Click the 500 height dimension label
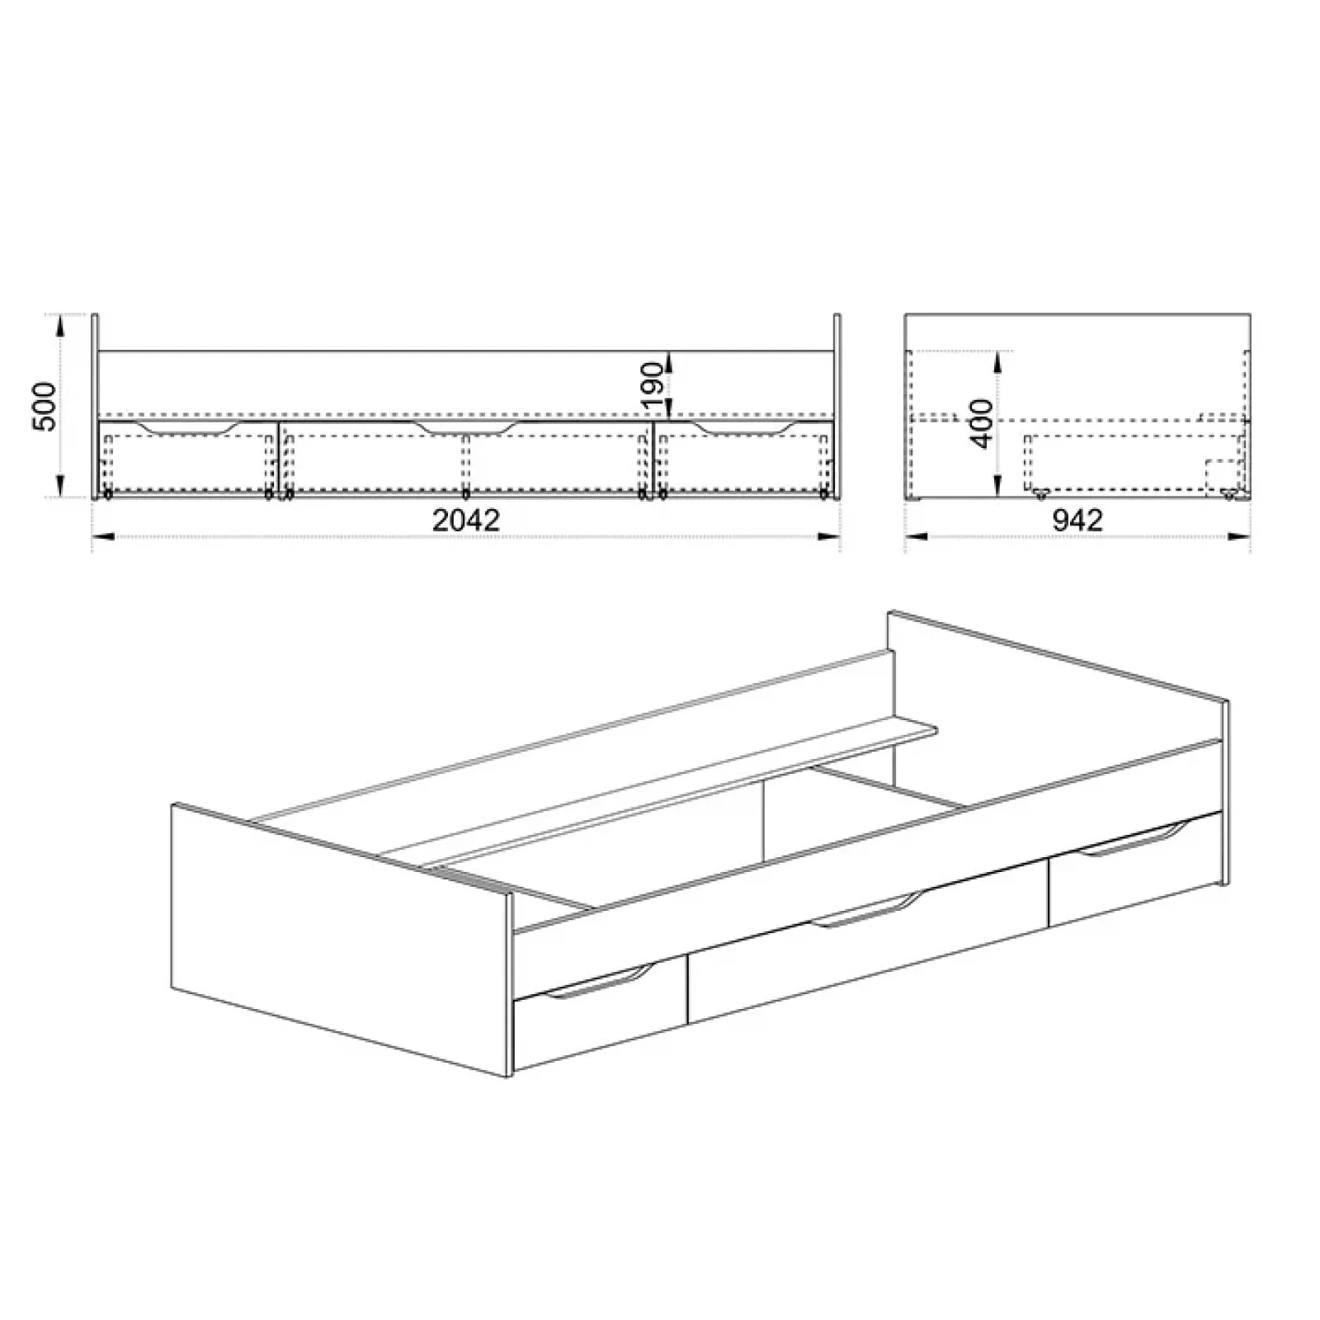click(x=44, y=406)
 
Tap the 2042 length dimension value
click(x=466, y=520)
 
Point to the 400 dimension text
click(x=981, y=423)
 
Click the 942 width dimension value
click(x=1077, y=520)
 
